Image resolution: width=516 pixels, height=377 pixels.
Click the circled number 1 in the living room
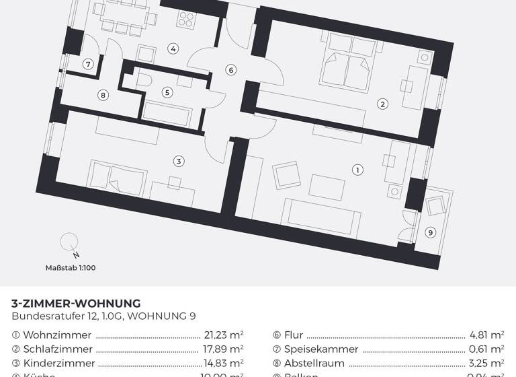[357, 170]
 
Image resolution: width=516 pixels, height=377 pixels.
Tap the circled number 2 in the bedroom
[382, 104]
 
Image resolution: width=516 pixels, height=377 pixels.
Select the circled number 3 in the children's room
[178, 161]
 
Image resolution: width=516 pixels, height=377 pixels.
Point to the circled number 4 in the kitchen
[173, 48]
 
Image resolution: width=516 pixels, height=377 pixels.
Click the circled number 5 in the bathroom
[167, 92]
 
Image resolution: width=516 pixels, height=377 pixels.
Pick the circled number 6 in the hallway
[230, 70]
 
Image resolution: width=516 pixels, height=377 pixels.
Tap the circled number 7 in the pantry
[87, 65]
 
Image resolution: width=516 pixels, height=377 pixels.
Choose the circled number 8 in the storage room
[103, 95]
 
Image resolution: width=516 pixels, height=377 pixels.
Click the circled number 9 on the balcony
[431, 232]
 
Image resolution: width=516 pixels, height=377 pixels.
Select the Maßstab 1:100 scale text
[70, 268]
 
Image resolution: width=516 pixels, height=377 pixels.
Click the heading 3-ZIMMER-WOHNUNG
[76, 304]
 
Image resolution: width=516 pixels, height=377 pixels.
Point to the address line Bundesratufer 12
[103, 316]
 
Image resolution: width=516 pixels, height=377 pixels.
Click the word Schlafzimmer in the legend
[57, 349]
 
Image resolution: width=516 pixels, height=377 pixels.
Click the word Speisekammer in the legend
[321, 349]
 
